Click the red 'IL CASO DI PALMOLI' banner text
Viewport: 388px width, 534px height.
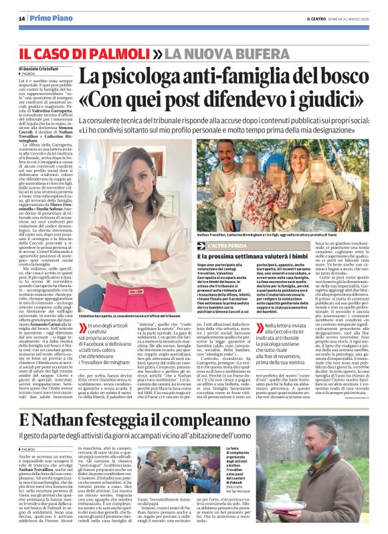(84, 52)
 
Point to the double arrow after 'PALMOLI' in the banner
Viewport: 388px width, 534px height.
(157, 52)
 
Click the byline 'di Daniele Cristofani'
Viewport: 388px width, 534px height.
(43, 69)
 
